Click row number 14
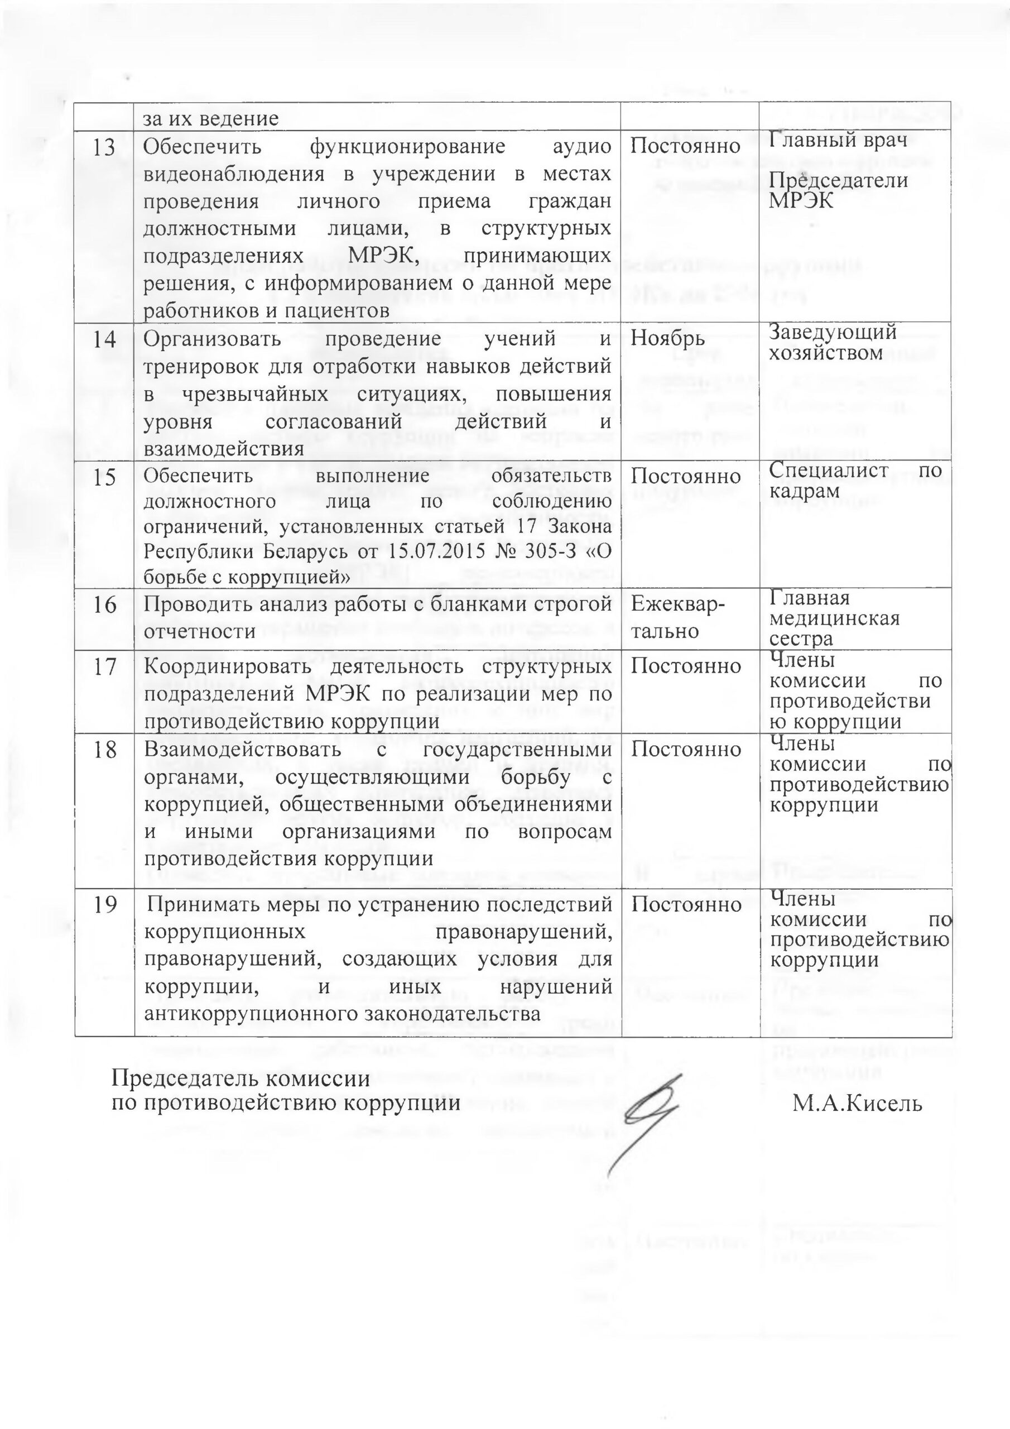click(x=104, y=340)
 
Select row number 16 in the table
click(x=104, y=605)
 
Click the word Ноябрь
click(x=668, y=339)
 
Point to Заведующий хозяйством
click(x=833, y=342)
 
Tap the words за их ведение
click(x=211, y=118)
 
